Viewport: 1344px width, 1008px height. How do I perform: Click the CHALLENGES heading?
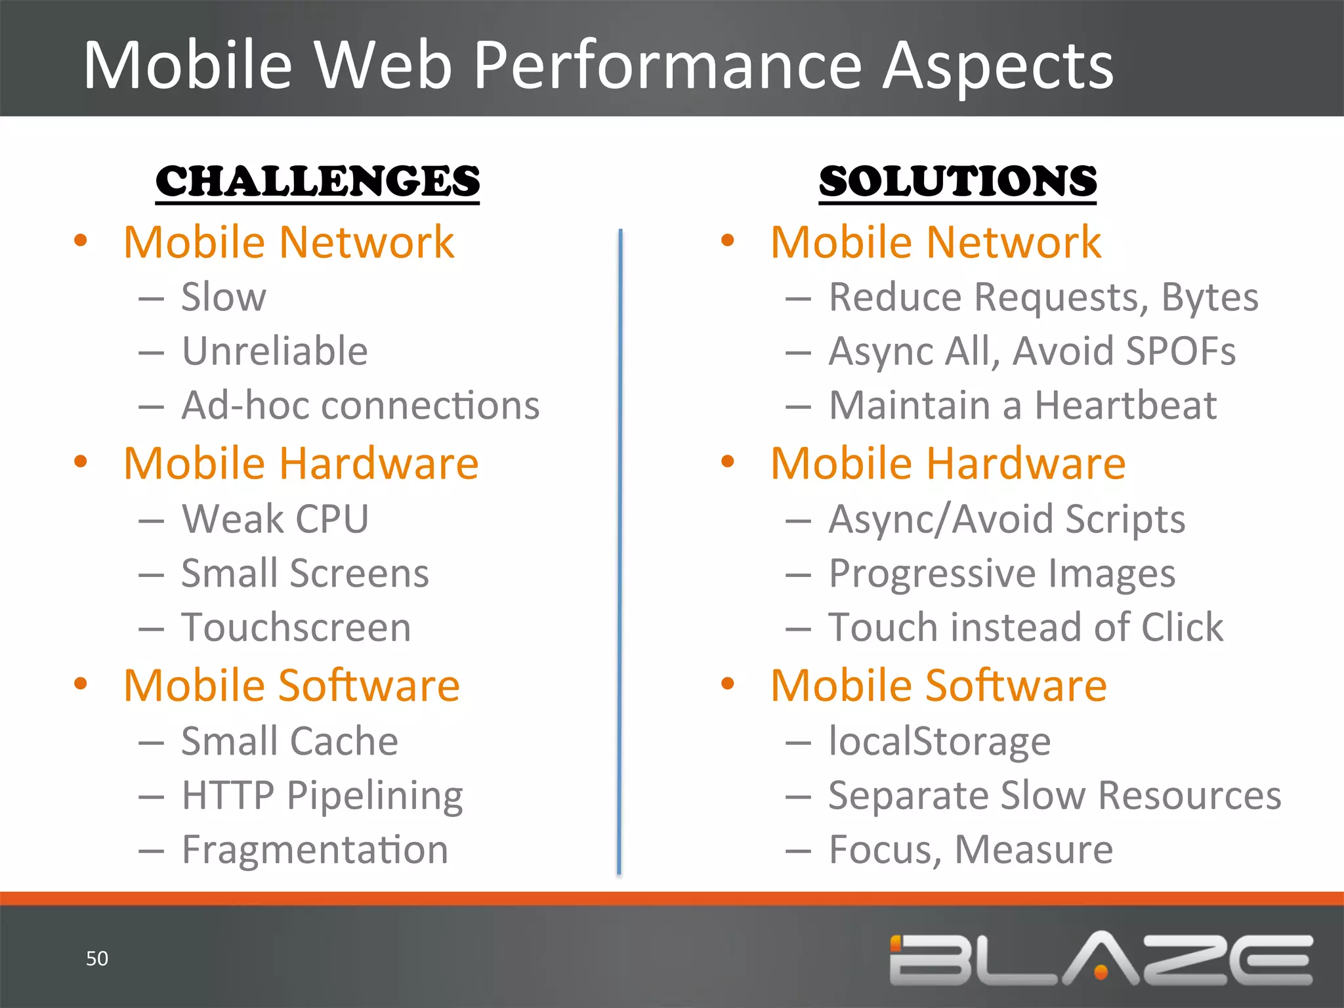click(x=318, y=181)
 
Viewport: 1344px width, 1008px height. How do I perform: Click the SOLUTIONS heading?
click(x=957, y=181)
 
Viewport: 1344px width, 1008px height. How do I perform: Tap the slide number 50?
click(x=97, y=958)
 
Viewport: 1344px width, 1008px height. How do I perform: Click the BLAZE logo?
click(x=1101, y=959)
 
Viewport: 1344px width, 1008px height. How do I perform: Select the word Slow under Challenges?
click(x=224, y=297)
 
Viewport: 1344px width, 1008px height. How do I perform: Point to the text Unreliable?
click(x=274, y=351)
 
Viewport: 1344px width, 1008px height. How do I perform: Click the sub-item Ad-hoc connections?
click(x=360, y=406)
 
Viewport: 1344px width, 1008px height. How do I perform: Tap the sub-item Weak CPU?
click(x=275, y=519)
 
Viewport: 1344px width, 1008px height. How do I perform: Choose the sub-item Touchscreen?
click(x=296, y=627)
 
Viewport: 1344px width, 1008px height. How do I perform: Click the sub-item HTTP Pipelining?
click(x=322, y=795)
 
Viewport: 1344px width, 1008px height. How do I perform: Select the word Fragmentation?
click(x=315, y=850)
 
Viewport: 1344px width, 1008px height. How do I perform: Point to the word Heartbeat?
click(x=1125, y=406)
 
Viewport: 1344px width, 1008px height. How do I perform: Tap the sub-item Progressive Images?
click(x=1001, y=574)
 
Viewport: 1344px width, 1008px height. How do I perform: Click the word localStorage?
click(x=939, y=742)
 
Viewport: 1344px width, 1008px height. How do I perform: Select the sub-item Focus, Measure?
click(x=971, y=850)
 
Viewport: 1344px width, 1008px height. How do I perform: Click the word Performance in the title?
click(x=667, y=66)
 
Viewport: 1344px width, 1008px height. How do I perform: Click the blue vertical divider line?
click(x=619, y=551)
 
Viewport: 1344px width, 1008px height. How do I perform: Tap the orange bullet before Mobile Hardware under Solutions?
click(x=727, y=461)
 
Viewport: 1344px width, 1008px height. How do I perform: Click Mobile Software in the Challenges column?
click(x=291, y=686)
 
